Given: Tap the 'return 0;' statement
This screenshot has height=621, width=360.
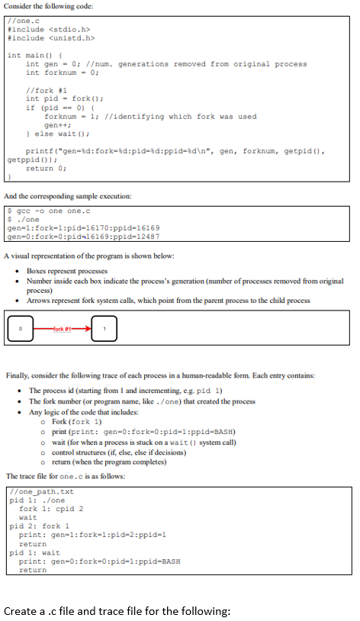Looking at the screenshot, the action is [x=45, y=169].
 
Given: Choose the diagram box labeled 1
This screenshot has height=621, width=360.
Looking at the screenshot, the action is [x=104, y=329].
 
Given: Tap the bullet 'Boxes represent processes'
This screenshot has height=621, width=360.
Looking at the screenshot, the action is [x=69, y=271].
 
